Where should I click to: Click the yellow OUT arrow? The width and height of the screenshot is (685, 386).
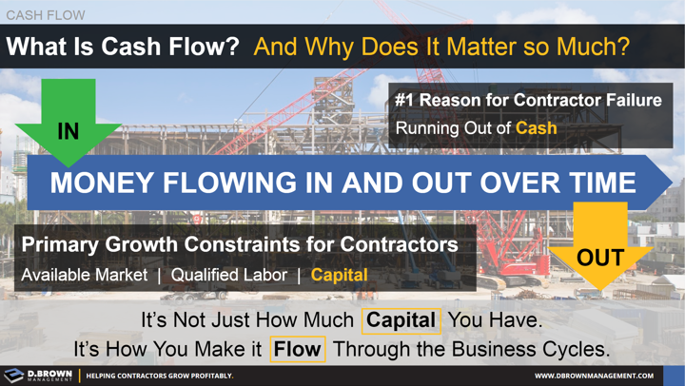click(x=600, y=253)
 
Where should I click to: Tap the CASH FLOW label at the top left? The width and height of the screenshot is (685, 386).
click(x=45, y=14)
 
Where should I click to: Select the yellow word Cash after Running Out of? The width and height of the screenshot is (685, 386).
click(x=537, y=127)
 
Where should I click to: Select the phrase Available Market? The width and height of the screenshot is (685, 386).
click(x=85, y=275)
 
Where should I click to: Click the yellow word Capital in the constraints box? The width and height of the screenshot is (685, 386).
click(x=339, y=275)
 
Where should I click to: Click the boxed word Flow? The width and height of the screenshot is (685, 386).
click(x=297, y=349)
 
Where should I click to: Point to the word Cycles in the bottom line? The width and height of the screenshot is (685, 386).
click(x=574, y=349)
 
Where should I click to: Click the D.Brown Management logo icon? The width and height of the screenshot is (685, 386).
click(x=13, y=376)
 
